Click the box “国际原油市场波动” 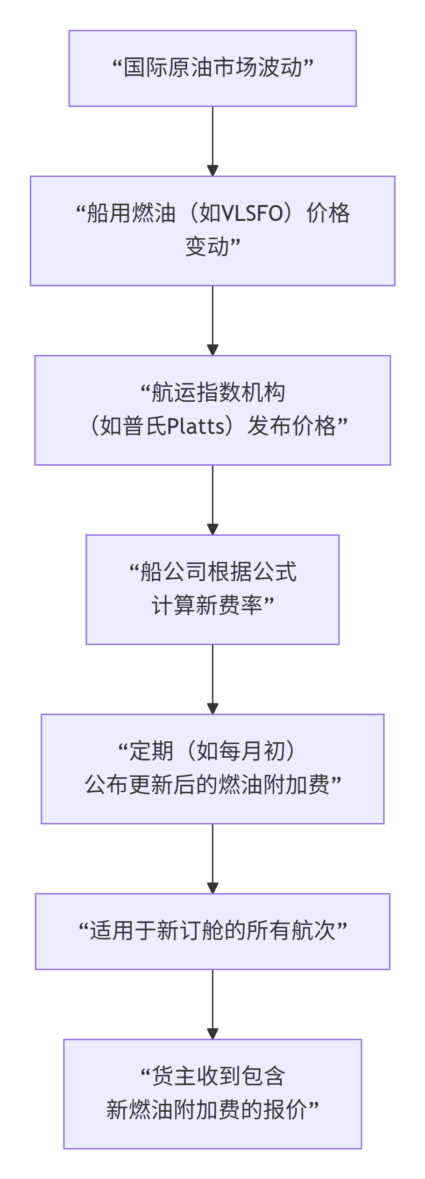coord(212,68)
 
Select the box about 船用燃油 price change coord(212,230)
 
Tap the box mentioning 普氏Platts coord(212,410)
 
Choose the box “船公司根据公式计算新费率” coord(212,589)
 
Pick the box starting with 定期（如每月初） coord(212,768)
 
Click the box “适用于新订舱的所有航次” coord(212,931)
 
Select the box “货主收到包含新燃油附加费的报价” coord(212,1094)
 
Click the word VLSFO coord(252,213)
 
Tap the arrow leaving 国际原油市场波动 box coord(212,140)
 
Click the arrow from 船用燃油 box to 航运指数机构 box coord(212,320)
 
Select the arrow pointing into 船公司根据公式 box coord(212,499)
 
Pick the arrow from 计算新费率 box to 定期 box coord(212,679)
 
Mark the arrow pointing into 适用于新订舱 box coord(212,858)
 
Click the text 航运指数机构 coord(218,392)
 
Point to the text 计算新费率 coord(207,606)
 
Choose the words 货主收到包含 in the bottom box coord(218,1076)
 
